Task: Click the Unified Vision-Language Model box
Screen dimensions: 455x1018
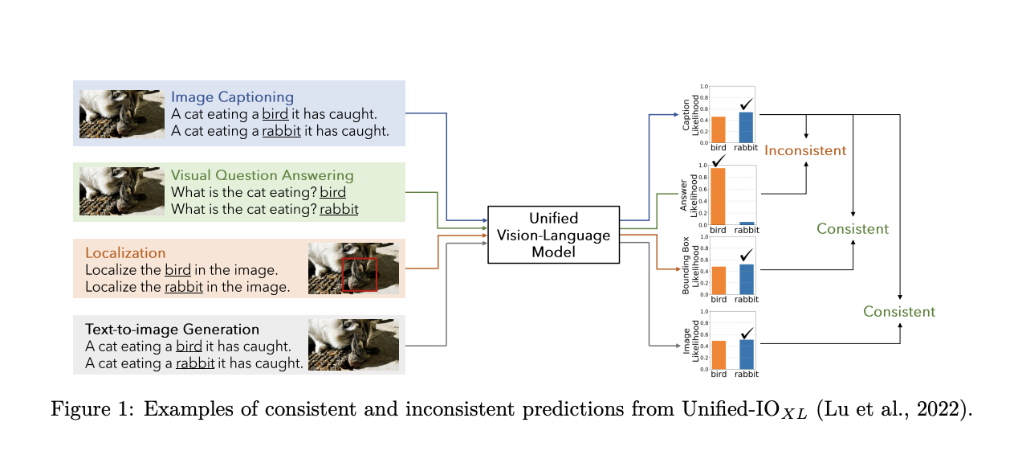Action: [553, 234]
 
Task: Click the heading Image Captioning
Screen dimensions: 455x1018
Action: [232, 97]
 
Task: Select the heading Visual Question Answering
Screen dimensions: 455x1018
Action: [262, 175]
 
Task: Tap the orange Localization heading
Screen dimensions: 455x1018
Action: [125, 252]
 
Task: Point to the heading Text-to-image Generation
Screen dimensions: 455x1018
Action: [172, 329]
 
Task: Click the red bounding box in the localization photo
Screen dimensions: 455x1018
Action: [359, 274]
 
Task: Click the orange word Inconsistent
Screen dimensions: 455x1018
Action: [804, 150]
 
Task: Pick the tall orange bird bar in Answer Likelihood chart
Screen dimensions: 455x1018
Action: [719, 195]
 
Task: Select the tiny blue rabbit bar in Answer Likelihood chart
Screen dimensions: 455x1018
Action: [746, 222]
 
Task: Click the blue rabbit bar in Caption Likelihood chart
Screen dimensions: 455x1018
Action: [746, 127]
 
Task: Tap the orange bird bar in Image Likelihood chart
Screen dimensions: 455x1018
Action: [719, 355]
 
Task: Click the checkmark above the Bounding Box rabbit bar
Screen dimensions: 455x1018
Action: [747, 255]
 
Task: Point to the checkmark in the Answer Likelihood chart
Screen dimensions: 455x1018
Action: [719, 161]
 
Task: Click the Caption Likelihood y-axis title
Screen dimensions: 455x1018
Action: [686, 114]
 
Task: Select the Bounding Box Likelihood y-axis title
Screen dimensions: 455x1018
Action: [686, 266]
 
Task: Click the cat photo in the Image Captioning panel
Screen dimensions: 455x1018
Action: [122, 113]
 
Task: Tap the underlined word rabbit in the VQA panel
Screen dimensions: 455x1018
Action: [339, 209]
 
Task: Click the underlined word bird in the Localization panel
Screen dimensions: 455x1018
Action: [178, 269]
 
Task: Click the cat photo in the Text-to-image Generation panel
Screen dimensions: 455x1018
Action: [353, 345]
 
